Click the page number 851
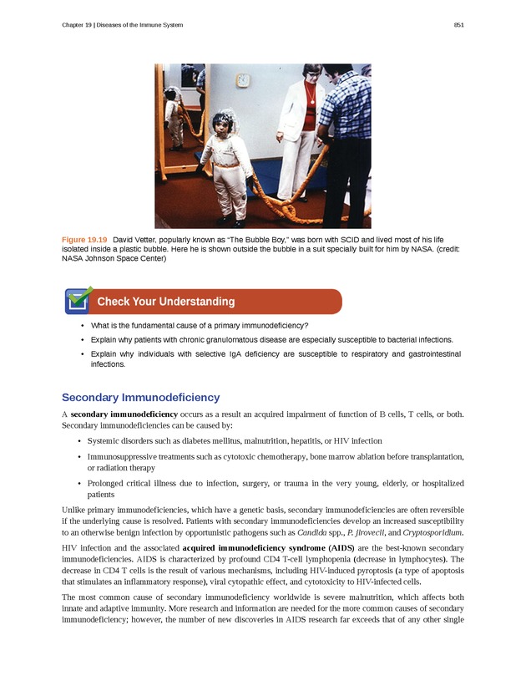(x=458, y=25)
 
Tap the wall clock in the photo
(x=243, y=81)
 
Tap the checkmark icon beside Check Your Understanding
(x=78, y=299)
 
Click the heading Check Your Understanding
(x=165, y=302)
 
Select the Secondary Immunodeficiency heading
(x=140, y=397)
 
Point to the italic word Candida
(x=311, y=531)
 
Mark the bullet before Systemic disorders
(x=79, y=440)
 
